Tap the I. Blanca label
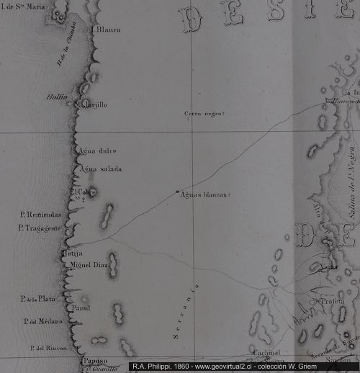pos(106,30)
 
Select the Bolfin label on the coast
pos(57,96)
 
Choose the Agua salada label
pos(102,168)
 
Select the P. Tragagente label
pos(42,228)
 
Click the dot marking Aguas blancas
pos(177,192)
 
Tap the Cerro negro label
pos(205,114)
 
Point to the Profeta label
pos(333,302)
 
